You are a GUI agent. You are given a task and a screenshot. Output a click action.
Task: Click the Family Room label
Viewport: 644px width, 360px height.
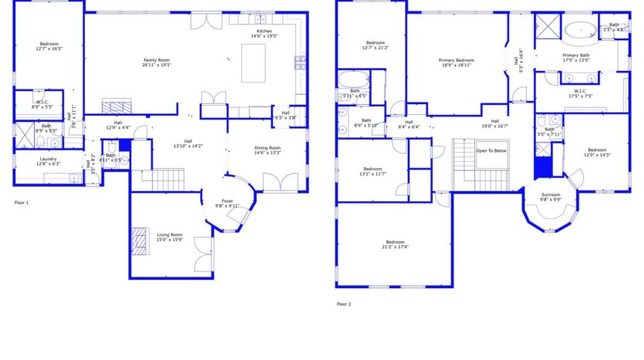point(157,62)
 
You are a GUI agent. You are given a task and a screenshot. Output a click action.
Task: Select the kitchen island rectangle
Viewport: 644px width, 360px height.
point(253,63)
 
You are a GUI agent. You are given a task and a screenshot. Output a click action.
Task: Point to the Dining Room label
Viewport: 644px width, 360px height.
point(268,150)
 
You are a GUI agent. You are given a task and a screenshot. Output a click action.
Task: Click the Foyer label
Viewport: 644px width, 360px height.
point(227,204)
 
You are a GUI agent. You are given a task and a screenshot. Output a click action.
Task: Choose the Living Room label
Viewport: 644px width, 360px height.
point(170,237)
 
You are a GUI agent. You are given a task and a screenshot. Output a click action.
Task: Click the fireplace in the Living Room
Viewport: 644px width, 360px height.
point(139,241)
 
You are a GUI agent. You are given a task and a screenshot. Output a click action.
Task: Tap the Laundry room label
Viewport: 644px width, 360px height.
point(48,161)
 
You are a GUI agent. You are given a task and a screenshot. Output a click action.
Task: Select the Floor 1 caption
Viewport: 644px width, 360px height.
point(22,202)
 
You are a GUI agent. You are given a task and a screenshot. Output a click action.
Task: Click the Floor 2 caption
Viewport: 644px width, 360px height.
point(343,304)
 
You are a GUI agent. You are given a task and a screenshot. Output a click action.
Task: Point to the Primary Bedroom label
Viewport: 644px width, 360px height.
point(457,62)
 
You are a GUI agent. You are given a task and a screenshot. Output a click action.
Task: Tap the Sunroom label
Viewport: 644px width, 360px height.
point(550,197)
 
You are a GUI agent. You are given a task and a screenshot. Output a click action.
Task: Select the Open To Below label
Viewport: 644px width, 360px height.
point(491,151)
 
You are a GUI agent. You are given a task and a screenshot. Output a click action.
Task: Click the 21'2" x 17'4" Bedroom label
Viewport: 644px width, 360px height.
point(395,244)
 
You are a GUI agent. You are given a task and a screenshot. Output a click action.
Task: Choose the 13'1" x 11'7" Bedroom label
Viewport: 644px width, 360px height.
point(373,171)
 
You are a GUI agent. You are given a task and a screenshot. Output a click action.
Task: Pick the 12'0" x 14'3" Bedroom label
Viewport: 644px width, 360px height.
point(596,153)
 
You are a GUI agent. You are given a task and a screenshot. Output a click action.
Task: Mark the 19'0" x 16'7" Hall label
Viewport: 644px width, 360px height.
point(494,123)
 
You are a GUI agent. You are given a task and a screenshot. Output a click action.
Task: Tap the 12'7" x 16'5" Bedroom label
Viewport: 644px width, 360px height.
point(49,46)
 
